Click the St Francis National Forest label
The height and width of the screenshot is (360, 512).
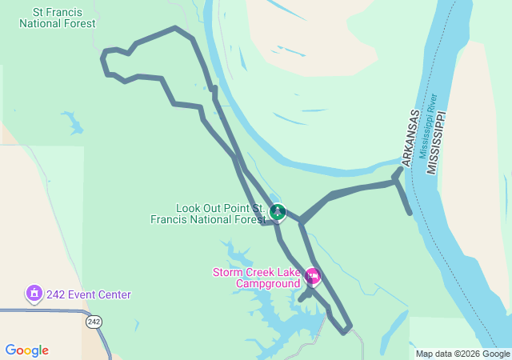(x=58, y=18)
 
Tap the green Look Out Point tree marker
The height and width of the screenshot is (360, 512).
(x=278, y=212)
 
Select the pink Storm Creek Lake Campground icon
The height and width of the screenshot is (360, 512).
(x=313, y=278)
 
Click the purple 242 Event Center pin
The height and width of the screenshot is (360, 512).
(x=34, y=294)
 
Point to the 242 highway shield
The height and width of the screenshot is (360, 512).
(x=94, y=322)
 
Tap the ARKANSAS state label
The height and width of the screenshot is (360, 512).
(x=410, y=138)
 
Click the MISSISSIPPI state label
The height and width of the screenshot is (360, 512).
(x=435, y=143)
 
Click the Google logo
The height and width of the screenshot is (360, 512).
(x=26, y=350)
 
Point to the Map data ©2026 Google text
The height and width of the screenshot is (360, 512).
(x=462, y=354)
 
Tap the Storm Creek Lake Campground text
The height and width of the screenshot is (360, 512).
(x=256, y=278)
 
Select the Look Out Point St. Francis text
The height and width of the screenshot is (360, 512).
(x=209, y=213)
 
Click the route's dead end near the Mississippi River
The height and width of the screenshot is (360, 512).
(x=410, y=213)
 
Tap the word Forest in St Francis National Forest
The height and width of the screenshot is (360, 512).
(x=77, y=24)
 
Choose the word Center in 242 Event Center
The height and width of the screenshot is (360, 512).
(x=114, y=294)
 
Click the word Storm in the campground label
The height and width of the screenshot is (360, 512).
(x=227, y=272)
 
